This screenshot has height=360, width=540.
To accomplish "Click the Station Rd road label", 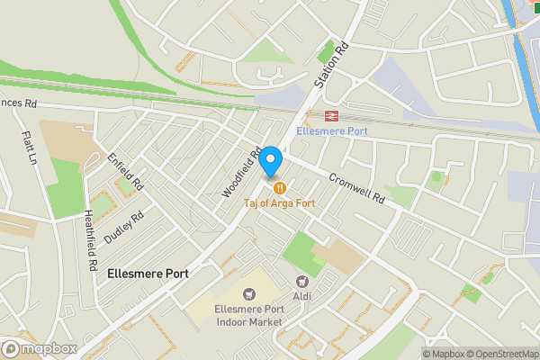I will pos(329,66).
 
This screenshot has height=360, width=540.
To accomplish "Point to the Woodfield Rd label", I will pos(243,172).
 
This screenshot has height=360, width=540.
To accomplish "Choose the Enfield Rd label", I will pos(126,170).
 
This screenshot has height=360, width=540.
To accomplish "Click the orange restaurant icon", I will pos(280,188).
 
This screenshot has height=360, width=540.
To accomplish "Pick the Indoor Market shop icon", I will pos(249,292).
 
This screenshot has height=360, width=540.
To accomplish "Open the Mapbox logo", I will pos(40,348).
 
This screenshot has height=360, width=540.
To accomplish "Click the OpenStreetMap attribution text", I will pos(503,354).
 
